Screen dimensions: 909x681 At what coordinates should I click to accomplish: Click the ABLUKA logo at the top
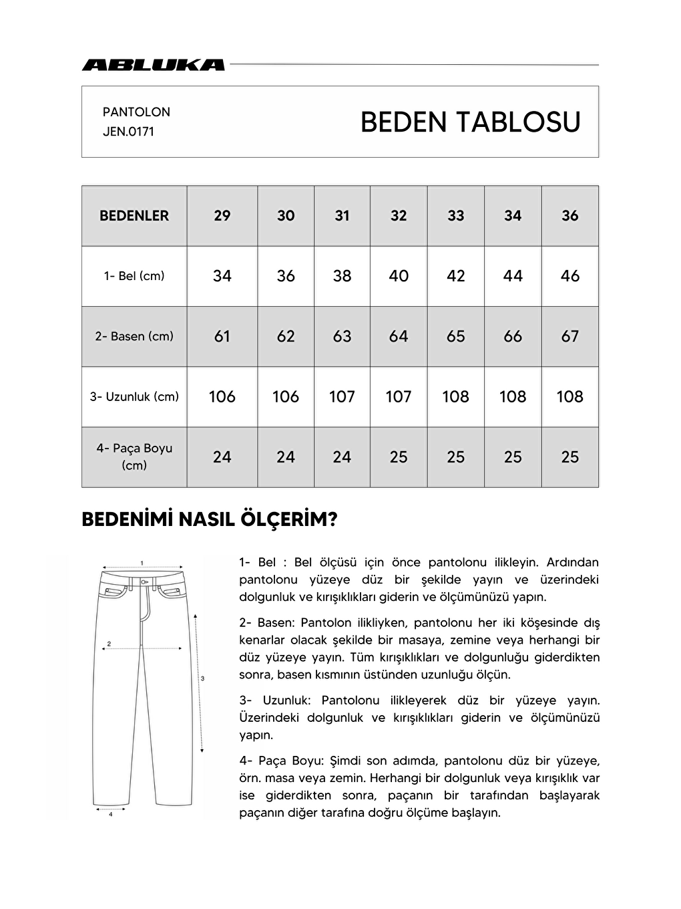tap(153, 65)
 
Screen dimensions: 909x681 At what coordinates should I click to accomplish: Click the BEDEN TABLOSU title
tap(470, 122)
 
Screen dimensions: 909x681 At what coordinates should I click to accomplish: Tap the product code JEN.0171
tap(128, 132)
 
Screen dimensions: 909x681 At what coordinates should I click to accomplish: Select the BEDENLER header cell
tap(134, 216)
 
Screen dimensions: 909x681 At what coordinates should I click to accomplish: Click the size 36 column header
tap(570, 216)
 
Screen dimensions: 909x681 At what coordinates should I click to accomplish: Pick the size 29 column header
tap(222, 216)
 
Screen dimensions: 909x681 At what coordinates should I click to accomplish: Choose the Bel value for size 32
tap(399, 276)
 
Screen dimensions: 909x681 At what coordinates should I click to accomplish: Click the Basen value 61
tap(222, 336)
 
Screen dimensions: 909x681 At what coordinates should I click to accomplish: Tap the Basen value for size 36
tap(570, 336)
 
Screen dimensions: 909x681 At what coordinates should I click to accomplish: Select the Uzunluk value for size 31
tap(342, 396)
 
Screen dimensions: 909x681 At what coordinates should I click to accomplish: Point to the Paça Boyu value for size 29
tap(222, 457)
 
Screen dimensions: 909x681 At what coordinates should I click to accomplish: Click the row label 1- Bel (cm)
tap(134, 276)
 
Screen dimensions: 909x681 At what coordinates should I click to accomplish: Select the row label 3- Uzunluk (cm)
tap(134, 396)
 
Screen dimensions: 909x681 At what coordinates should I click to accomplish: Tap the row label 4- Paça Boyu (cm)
tap(134, 457)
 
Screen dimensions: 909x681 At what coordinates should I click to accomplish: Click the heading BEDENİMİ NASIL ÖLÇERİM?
tap(209, 519)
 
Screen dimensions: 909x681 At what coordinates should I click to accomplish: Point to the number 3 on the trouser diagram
tap(202, 678)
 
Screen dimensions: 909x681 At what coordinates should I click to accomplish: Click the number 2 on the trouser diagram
tap(109, 644)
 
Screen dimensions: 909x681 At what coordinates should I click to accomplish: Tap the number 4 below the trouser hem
tap(110, 815)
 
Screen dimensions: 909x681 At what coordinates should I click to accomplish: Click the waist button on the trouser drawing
tap(142, 581)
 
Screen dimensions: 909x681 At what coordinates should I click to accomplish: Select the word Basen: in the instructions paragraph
tap(276, 623)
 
